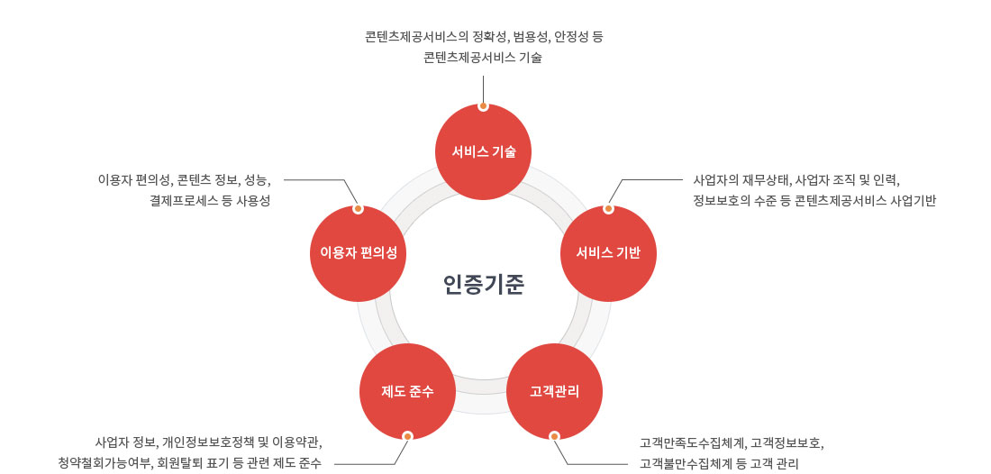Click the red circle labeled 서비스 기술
click(x=483, y=151)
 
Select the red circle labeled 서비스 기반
click(x=608, y=253)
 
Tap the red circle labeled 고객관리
click(x=554, y=391)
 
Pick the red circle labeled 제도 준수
click(x=407, y=391)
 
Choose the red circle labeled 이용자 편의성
click(x=358, y=253)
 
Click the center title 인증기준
click(x=484, y=285)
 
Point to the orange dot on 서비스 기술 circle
click(x=483, y=106)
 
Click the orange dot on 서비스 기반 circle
click(x=608, y=209)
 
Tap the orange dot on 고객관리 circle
click(x=554, y=436)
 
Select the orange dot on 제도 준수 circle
click(x=407, y=436)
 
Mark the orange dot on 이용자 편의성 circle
click(x=358, y=209)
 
